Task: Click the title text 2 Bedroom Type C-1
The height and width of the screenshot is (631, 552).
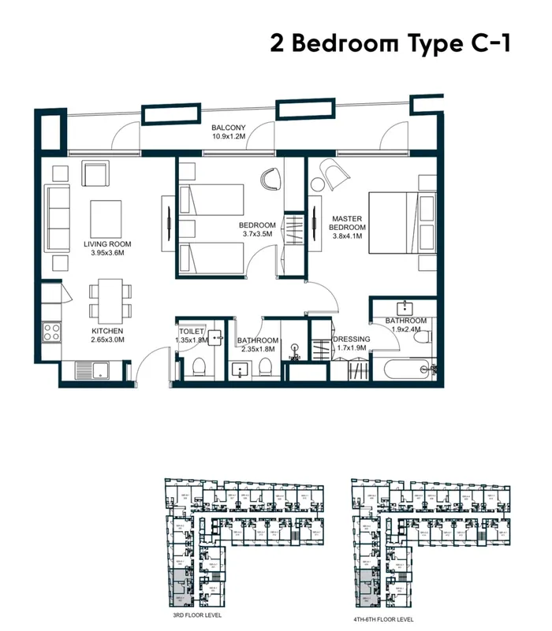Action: [390, 43]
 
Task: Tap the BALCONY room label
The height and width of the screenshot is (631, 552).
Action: [229, 128]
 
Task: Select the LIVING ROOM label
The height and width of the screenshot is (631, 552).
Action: [106, 244]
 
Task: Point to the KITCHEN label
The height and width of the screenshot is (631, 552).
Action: [107, 331]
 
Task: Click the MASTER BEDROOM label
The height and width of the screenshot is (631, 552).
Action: [346, 224]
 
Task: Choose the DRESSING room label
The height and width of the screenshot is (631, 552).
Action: [352, 340]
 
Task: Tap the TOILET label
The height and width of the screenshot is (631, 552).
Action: [192, 332]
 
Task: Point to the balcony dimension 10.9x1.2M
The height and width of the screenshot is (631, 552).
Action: [229, 136]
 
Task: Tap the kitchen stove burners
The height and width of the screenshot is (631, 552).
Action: [51, 332]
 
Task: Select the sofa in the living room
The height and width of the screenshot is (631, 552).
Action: [56, 217]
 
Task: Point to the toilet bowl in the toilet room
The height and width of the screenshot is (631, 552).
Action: [198, 366]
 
